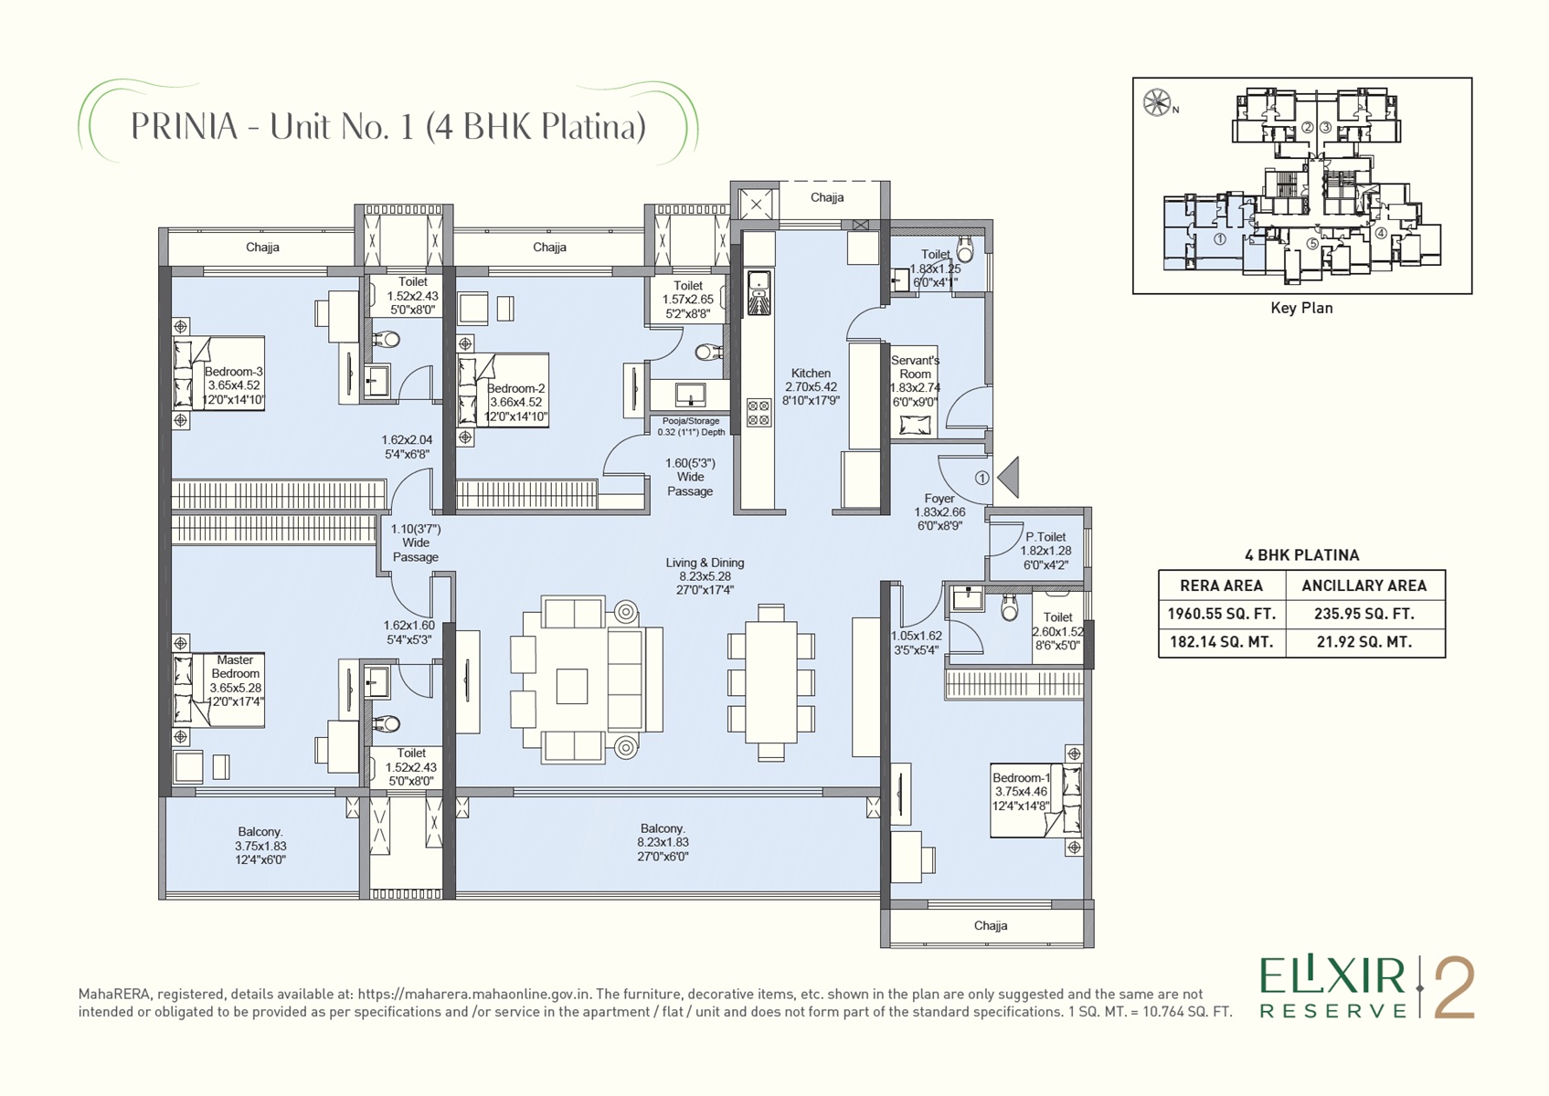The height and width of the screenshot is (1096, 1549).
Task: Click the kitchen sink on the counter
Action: click(759, 292)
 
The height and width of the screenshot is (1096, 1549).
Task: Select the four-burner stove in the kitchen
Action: click(759, 413)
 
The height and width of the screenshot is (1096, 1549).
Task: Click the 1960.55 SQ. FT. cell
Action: click(1221, 614)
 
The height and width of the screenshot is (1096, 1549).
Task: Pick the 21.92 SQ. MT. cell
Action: click(1365, 642)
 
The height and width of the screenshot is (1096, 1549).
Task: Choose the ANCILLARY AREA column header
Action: click(1364, 586)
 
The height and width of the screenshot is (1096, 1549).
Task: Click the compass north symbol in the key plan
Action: click(1157, 103)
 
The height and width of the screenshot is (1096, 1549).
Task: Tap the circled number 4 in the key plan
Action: click(1380, 234)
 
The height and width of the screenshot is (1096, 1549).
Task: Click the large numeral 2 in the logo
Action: click(1454, 988)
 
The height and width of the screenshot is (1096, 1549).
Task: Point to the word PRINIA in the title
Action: click(185, 126)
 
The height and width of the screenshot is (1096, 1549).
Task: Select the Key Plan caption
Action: click(1301, 308)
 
